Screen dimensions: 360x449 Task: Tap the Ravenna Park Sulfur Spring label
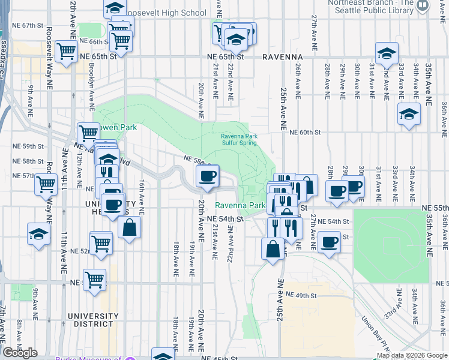pos(239,140)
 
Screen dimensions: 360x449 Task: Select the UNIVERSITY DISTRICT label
pos(93,320)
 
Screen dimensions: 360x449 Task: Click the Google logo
pos(20,353)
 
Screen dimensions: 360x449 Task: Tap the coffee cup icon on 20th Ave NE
pos(208,176)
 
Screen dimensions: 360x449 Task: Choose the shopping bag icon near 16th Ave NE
pos(129,227)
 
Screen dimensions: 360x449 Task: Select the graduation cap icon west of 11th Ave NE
pos(38,233)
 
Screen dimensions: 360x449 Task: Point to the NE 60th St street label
pos(305,133)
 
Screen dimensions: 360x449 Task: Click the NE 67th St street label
pos(28,26)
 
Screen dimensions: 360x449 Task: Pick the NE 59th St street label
pos(28,146)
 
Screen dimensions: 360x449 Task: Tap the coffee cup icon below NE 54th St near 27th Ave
pos(329,242)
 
